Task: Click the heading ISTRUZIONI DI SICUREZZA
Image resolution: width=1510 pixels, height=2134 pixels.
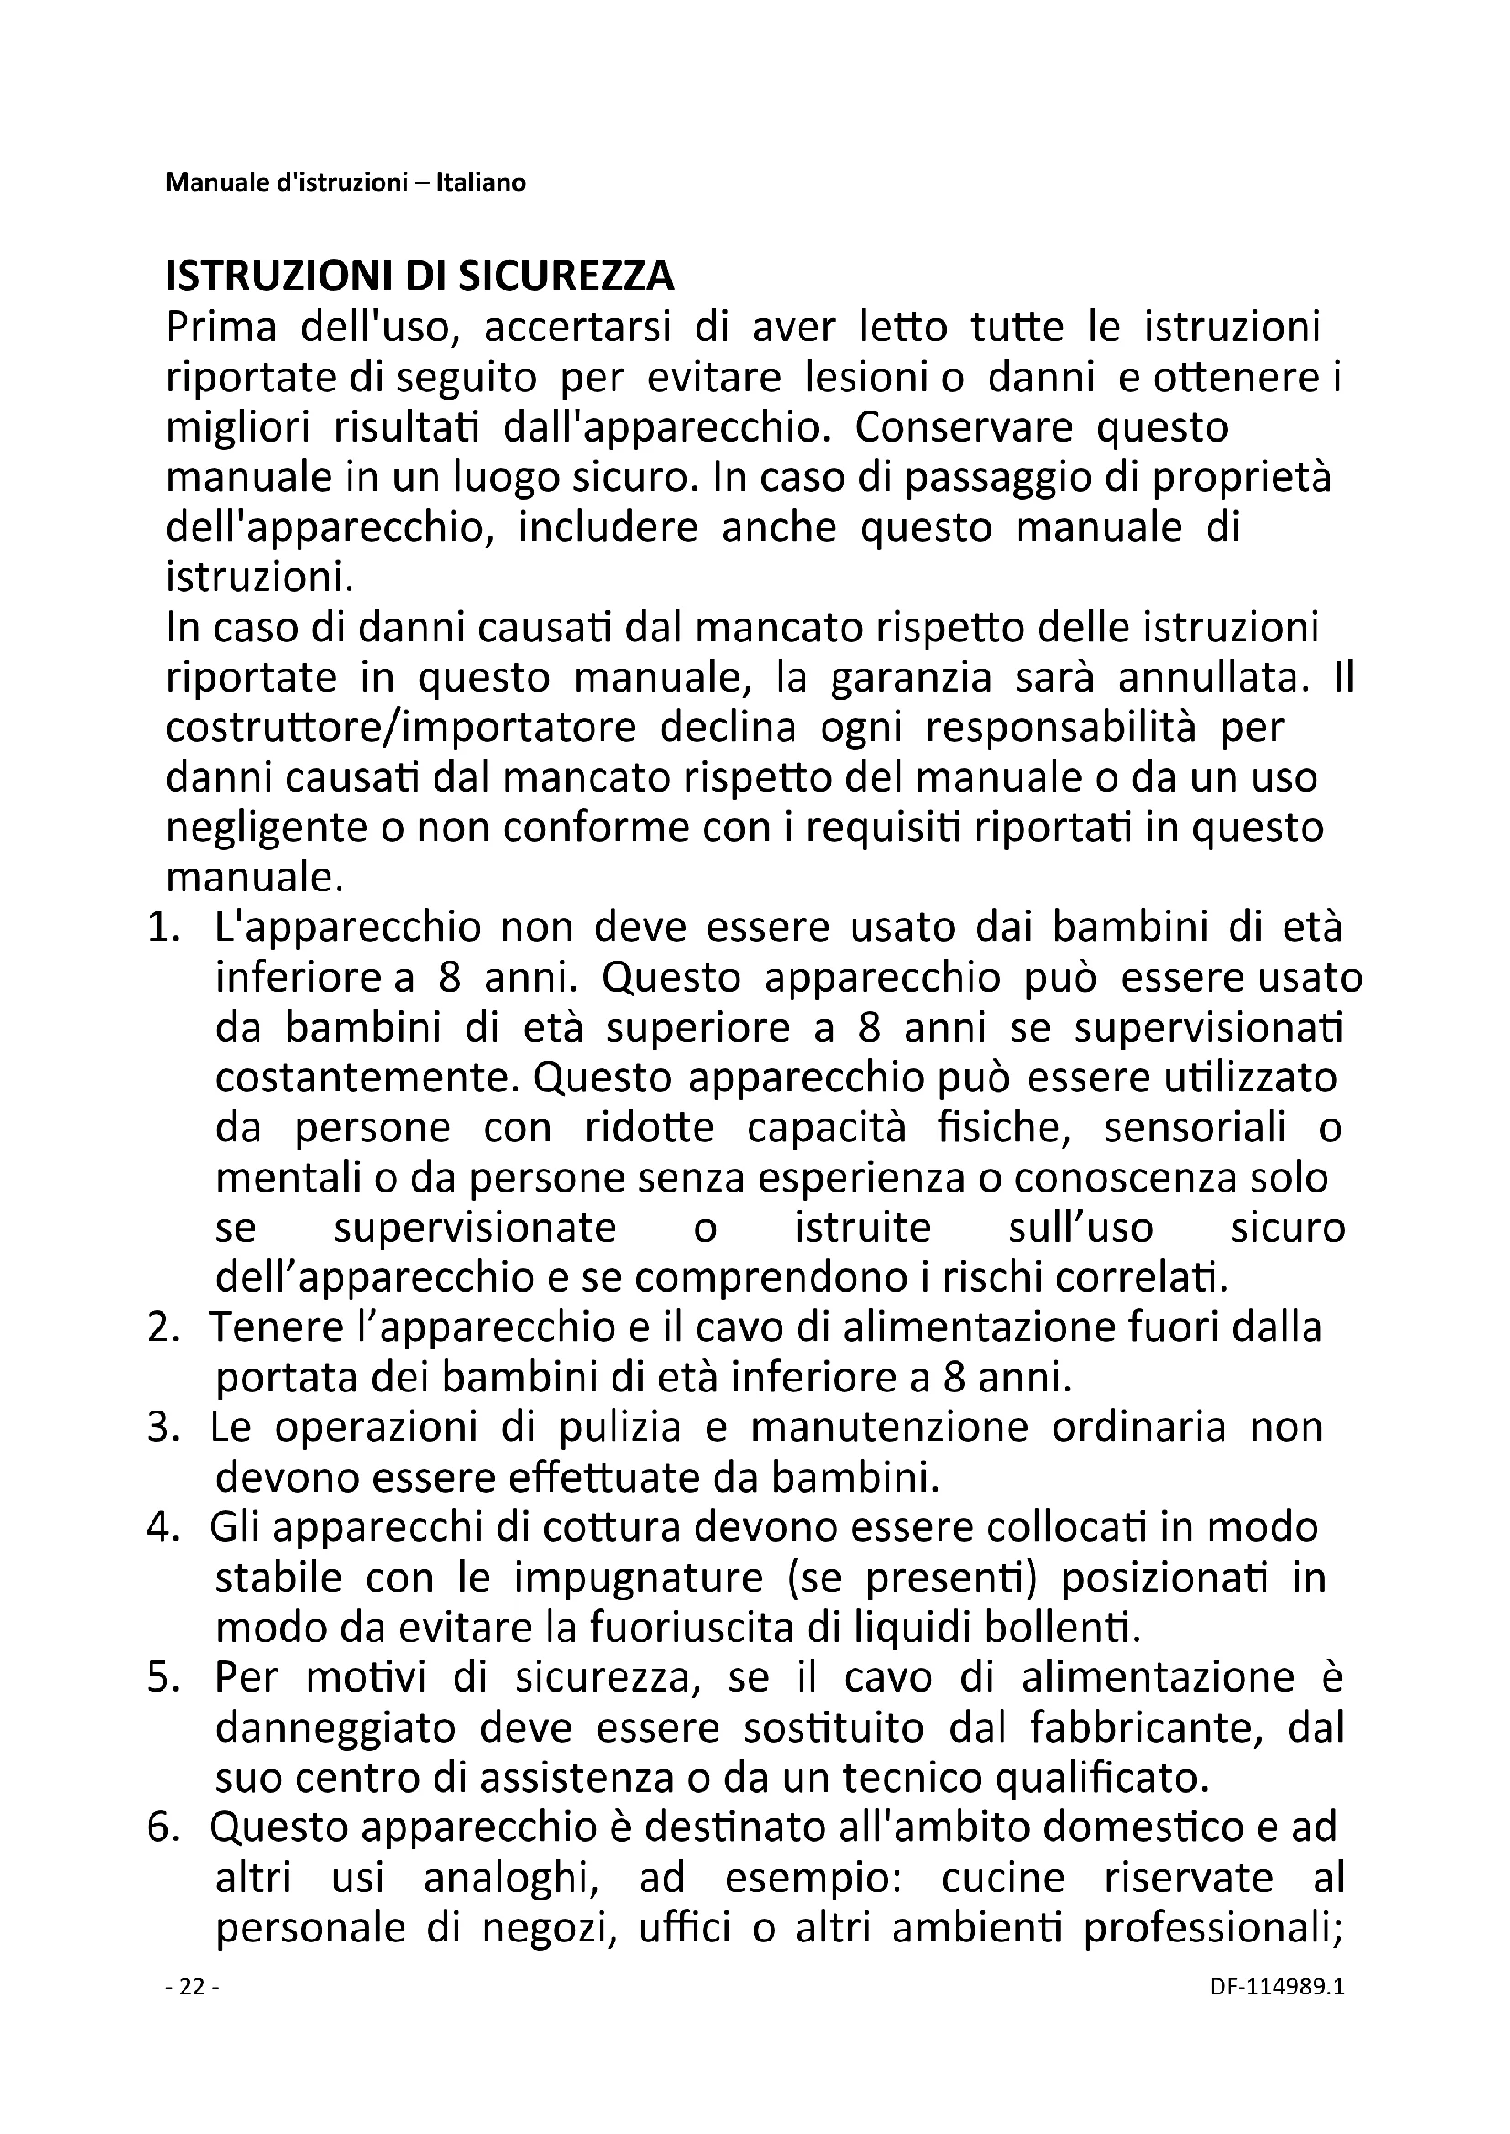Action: tap(419, 276)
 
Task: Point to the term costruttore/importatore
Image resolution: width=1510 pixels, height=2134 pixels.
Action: tap(401, 728)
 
